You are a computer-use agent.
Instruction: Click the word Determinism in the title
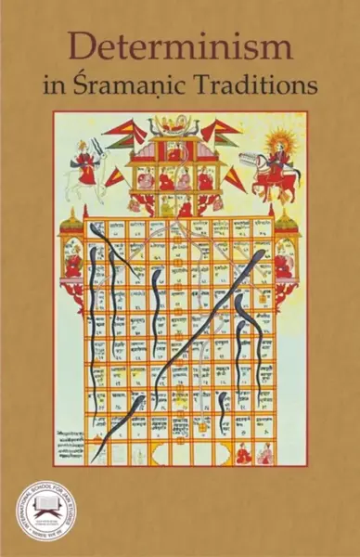[x=179, y=45]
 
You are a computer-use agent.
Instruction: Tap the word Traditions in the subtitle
[x=264, y=85]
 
